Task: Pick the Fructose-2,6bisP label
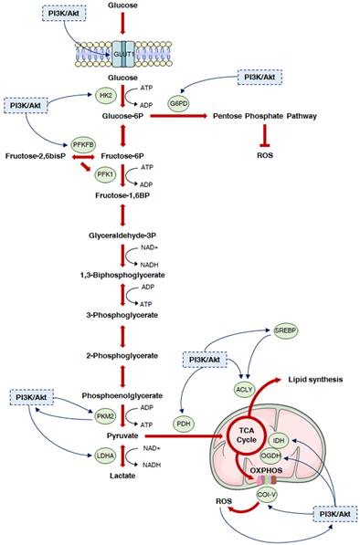coord(36,157)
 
